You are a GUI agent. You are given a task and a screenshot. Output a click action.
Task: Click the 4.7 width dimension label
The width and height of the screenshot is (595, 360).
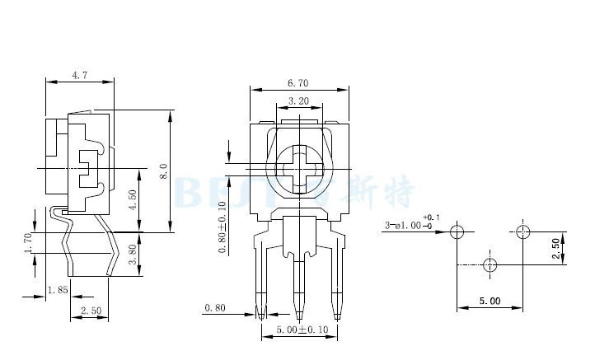tap(80, 75)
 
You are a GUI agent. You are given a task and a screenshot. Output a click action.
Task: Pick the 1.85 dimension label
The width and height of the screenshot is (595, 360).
tap(57, 289)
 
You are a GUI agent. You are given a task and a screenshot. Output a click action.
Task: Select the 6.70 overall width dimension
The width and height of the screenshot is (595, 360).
tap(298, 82)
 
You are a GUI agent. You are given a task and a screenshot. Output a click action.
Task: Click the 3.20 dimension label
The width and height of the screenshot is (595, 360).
tap(298, 101)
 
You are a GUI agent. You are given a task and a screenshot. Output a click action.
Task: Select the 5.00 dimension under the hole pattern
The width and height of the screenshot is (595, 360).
tap(490, 302)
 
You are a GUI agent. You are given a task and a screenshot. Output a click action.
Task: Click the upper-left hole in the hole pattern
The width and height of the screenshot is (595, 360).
tap(458, 231)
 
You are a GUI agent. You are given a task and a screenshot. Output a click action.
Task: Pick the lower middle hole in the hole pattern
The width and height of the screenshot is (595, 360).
tap(490, 264)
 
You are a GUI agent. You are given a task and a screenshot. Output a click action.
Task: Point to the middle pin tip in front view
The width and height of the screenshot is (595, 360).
tap(298, 313)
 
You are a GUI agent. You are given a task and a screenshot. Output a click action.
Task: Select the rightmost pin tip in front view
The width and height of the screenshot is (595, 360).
tap(336, 313)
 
